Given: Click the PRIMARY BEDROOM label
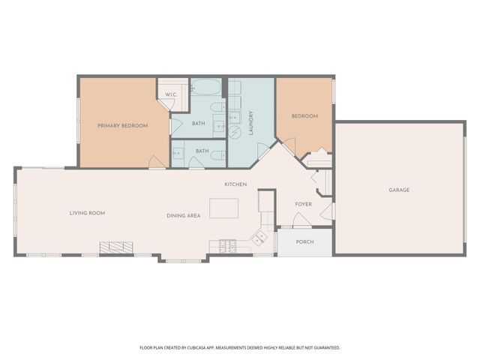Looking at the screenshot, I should pos(122,126).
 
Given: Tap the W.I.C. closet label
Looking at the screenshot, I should pos(170,94).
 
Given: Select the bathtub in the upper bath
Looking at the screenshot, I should pos(206,88).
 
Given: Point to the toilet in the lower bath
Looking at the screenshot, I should pos(215,156).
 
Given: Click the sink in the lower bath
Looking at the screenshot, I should pos(178,153).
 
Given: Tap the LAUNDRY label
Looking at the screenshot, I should pos(250,121).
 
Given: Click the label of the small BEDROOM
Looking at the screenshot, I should pos(304,116).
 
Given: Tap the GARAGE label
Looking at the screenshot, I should pos(398,190).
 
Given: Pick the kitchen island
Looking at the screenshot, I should pos(223,207).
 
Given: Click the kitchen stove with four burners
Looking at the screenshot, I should pos(228,244).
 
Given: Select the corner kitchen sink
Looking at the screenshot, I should pos(259,238).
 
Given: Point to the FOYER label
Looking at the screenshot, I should pos(303,203).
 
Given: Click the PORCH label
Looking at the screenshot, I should pos(304,242).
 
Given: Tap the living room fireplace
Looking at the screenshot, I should pos(117,247).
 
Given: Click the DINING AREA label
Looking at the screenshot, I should pos(183,216).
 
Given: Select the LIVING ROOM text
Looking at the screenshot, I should pos(87,213).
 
